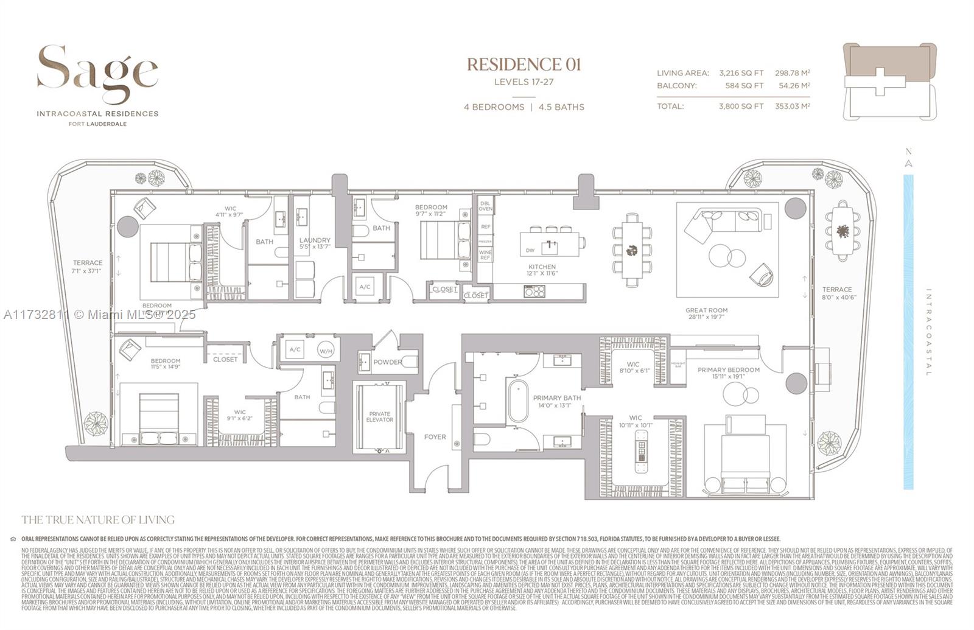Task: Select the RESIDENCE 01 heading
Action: pos(524,65)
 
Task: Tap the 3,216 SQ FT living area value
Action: pos(741,73)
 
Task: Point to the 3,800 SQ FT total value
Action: pos(741,106)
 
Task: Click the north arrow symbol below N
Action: pos(908,163)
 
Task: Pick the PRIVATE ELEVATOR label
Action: pos(380,417)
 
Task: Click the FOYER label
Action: pos(435,437)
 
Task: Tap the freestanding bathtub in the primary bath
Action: pos(519,401)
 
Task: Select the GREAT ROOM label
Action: pos(706,310)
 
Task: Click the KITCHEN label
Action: pos(542,267)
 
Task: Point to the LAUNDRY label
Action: pos(315,240)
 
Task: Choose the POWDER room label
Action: pos(387,362)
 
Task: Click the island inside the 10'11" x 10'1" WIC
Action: pos(640,452)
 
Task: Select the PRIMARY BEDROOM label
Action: pos(728,370)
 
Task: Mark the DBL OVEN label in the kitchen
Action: pos(485,206)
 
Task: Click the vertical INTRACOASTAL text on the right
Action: pos(928,332)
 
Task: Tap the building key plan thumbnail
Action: pos(889,81)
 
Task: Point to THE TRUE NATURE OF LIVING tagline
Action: pos(98,520)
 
